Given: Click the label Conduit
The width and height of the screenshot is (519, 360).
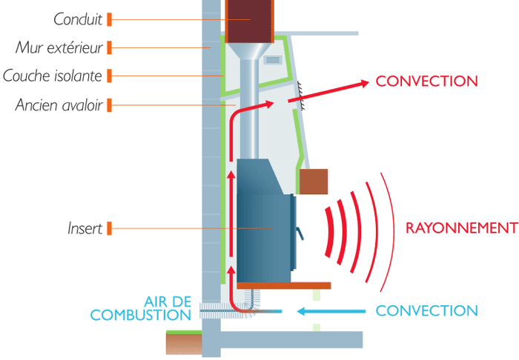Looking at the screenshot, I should tap(78, 19).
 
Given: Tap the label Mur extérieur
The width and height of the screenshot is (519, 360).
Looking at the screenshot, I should tap(59, 47).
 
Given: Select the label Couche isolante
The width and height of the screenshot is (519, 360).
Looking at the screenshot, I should tap(53, 76).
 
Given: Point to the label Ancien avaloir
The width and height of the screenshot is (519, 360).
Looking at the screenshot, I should tap(59, 104).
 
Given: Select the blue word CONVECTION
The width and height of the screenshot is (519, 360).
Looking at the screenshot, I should tap(426, 311).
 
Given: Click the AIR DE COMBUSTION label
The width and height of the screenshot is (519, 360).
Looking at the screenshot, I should tap(141, 308).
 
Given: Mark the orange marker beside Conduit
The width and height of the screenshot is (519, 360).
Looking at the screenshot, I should tap(110, 19).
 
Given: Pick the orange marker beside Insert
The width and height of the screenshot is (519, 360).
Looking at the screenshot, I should tap(110, 228).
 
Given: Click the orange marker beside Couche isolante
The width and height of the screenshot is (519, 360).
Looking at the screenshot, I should tap(110, 76).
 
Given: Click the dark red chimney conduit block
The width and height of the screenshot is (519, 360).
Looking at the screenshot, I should tap(249, 21).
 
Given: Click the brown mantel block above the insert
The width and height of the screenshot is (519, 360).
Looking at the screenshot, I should tap(312, 181).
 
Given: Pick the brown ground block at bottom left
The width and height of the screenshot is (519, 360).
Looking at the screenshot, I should tap(183, 343).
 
